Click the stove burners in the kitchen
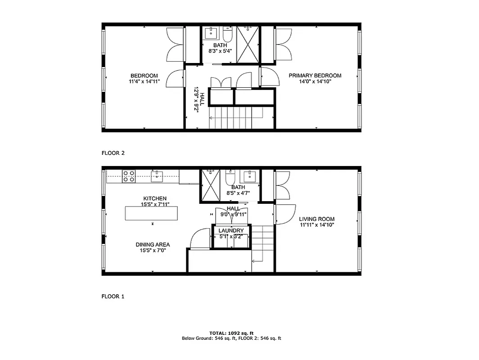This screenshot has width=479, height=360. [x=129, y=176]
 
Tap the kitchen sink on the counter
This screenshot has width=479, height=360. [x=157, y=176]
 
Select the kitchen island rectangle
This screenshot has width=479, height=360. [x=151, y=213]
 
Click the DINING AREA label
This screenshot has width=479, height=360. [x=153, y=245]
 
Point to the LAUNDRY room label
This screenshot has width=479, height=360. [x=231, y=231]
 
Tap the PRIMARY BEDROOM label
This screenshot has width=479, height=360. [x=315, y=76]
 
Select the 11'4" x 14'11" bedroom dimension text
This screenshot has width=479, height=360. [x=144, y=81]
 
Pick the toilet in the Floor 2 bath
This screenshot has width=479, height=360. [x=227, y=34]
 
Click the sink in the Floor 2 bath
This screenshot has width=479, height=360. [x=211, y=33]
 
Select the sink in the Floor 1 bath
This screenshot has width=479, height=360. [x=249, y=176]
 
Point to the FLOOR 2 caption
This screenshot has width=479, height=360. [x=113, y=153]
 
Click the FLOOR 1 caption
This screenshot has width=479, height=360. [x=113, y=297]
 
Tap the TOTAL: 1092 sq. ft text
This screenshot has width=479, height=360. [x=231, y=333]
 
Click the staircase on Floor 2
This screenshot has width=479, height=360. [x=234, y=118]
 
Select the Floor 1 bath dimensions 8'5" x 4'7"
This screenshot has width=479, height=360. [x=238, y=193]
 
